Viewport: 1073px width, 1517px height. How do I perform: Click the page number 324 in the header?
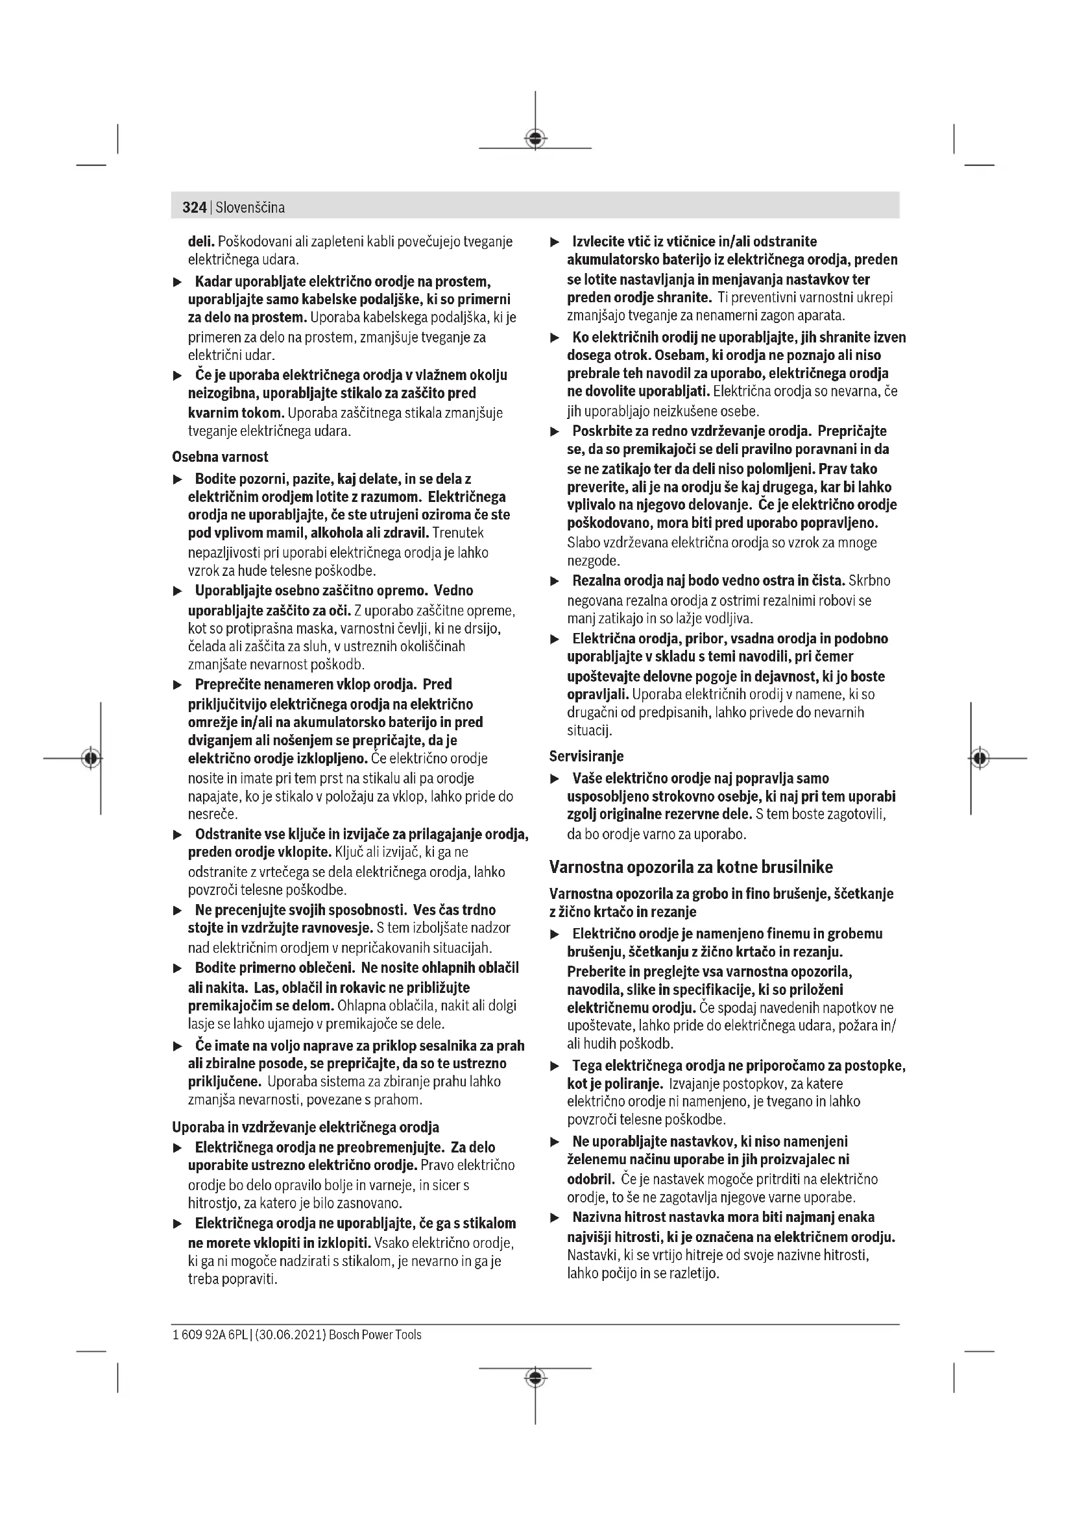coord(194,208)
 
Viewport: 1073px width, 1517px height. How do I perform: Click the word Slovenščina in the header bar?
coord(250,208)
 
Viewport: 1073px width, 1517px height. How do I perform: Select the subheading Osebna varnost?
coord(220,457)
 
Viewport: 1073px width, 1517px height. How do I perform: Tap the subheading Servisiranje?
coord(586,756)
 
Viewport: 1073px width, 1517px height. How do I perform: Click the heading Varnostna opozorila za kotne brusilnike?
coord(691,867)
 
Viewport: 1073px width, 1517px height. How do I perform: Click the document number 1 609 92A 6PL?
coord(210,1335)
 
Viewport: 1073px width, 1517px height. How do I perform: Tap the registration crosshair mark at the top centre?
coord(535,138)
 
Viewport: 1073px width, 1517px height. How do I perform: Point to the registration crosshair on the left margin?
coord(91,758)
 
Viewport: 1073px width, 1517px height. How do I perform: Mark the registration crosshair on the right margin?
coord(980,758)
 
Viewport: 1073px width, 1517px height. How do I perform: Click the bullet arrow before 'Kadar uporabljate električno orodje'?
coord(177,283)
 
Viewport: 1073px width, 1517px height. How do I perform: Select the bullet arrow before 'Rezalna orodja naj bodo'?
coord(555,581)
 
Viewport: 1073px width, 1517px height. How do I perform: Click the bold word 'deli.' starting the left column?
coord(202,242)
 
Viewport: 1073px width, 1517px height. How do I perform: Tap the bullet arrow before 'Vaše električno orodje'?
coord(555,779)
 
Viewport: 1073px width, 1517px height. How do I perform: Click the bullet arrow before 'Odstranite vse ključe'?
coord(177,835)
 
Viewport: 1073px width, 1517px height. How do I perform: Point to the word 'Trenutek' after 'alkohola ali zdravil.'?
coord(457,532)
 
